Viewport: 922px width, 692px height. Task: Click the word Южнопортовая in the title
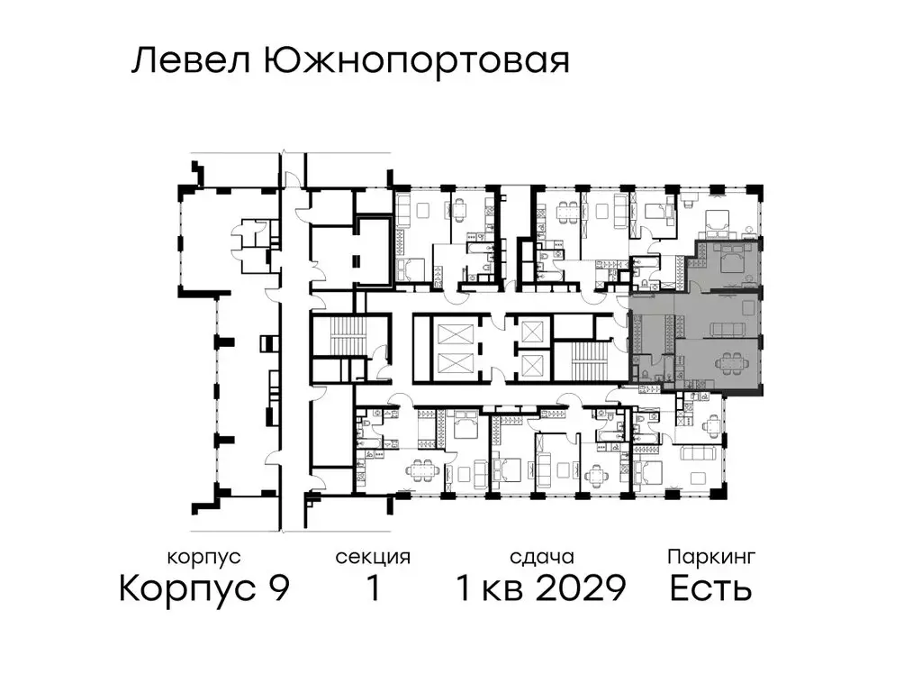click(417, 62)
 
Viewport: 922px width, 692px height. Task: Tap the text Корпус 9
click(204, 589)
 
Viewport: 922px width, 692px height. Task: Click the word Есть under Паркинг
click(711, 589)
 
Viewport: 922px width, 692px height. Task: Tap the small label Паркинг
click(711, 558)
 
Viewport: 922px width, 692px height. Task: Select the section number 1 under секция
click(373, 589)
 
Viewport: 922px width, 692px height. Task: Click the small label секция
click(373, 558)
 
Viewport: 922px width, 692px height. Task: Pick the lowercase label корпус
click(204, 558)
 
